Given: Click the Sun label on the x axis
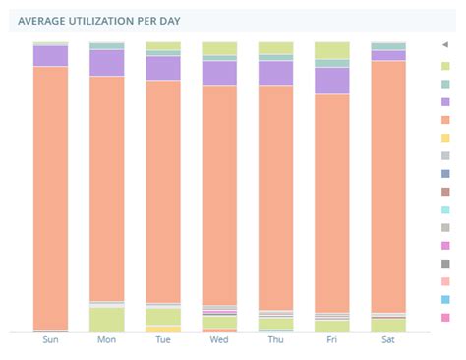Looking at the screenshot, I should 51,340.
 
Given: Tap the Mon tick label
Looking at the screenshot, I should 107,340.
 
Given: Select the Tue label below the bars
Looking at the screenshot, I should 163,340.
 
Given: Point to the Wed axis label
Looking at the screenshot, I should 219,340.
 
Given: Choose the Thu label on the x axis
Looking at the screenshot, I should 275,340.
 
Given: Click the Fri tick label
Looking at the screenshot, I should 332,340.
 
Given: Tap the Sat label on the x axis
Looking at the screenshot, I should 388,340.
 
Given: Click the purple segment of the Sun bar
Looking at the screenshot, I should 51,56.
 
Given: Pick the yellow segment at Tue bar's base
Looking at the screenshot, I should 163,329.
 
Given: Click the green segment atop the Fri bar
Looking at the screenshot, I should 332,50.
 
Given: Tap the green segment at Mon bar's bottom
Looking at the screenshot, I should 107,320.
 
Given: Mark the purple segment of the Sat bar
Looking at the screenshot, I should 388,56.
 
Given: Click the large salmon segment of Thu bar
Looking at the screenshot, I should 275,197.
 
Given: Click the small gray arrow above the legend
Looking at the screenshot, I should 445,46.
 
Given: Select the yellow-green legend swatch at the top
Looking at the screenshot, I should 445,65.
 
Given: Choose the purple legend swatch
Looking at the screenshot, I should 445,101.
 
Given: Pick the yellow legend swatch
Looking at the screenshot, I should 445,138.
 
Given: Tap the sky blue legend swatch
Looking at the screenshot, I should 445,299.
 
